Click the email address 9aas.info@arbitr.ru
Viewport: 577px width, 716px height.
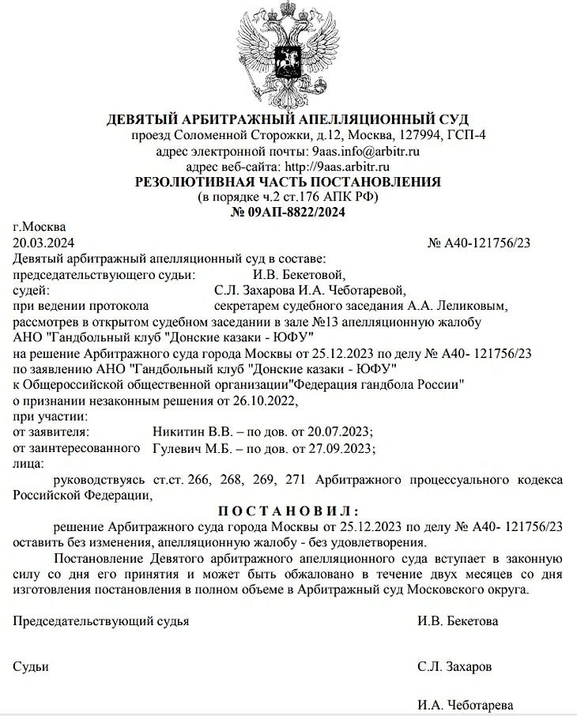365,151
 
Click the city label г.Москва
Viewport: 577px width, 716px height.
40,228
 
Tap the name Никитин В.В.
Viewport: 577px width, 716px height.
184,432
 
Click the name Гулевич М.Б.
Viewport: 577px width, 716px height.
186,448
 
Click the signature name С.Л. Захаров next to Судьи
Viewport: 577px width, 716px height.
454,667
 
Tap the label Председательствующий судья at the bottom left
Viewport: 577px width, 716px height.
102,621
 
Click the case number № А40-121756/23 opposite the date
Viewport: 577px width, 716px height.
478,243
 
